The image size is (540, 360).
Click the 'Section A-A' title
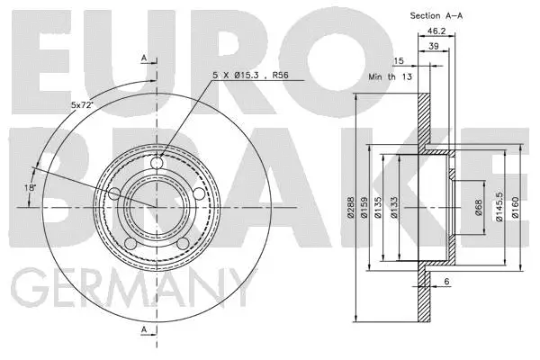click(x=438, y=15)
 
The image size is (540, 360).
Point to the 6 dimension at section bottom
click(x=445, y=282)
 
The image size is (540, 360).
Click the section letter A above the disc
click(x=144, y=58)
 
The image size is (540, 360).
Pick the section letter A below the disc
click(x=144, y=330)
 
